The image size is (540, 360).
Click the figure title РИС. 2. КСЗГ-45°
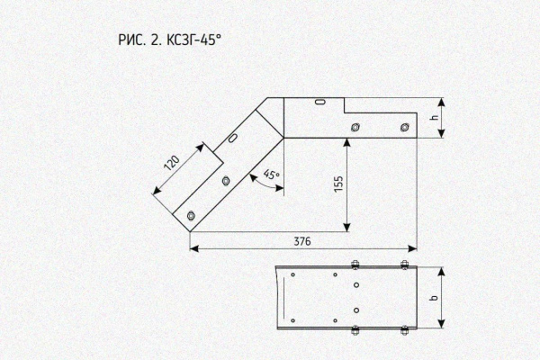169,40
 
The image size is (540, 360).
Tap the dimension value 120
172,163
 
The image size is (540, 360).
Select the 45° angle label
272,175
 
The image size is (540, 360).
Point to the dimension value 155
339,184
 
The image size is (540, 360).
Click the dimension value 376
302,241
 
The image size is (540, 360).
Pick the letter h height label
435,118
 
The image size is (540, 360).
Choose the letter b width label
435,297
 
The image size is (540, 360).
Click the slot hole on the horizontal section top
320,102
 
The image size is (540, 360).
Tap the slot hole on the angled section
233,138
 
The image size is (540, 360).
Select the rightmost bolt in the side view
405,128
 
